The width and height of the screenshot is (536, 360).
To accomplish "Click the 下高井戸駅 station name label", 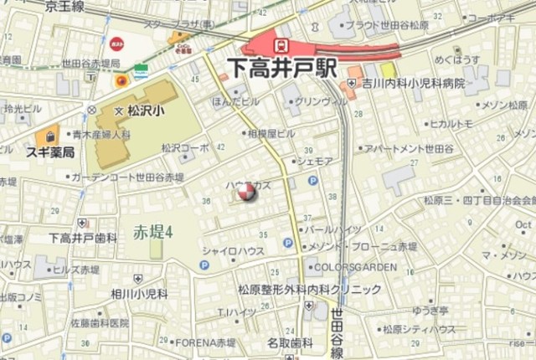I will [282, 67].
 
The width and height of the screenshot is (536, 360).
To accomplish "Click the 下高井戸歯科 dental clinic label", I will [83, 239].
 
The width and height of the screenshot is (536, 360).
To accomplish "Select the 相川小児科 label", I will [138, 295].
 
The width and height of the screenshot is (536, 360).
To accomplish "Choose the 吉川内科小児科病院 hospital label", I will [414, 84].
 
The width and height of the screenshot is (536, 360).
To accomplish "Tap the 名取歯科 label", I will [290, 342].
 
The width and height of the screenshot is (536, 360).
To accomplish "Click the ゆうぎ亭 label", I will [433, 309].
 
